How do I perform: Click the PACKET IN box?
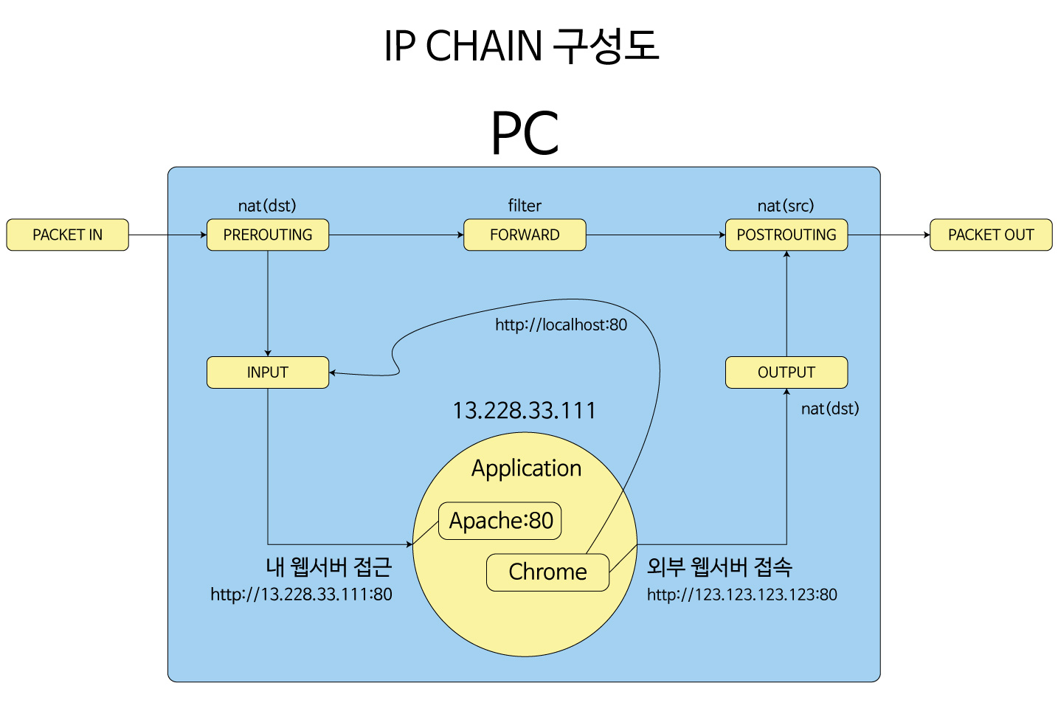coord(67,235)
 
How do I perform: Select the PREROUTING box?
coord(268,235)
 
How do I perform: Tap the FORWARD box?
coord(525,235)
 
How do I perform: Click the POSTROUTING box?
coord(786,235)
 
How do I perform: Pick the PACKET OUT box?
coord(991,235)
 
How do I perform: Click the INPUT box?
coord(268,372)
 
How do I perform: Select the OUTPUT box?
coord(786,372)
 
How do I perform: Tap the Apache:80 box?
coord(500,521)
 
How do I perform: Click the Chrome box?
coord(547,572)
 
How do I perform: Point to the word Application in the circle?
coord(526,468)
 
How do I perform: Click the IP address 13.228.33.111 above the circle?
coord(524,410)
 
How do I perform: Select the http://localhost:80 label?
coord(561,325)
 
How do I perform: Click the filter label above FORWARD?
coord(525,206)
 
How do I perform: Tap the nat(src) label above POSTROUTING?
coord(786,206)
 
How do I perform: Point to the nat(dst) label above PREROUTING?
coord(267,206)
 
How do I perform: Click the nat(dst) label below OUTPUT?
coord(830,409)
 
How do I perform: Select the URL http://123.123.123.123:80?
coord(741,594)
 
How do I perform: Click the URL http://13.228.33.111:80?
coord(301,594)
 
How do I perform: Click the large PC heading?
coord(525,133)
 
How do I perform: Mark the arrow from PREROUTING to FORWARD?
coord(396,235)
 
